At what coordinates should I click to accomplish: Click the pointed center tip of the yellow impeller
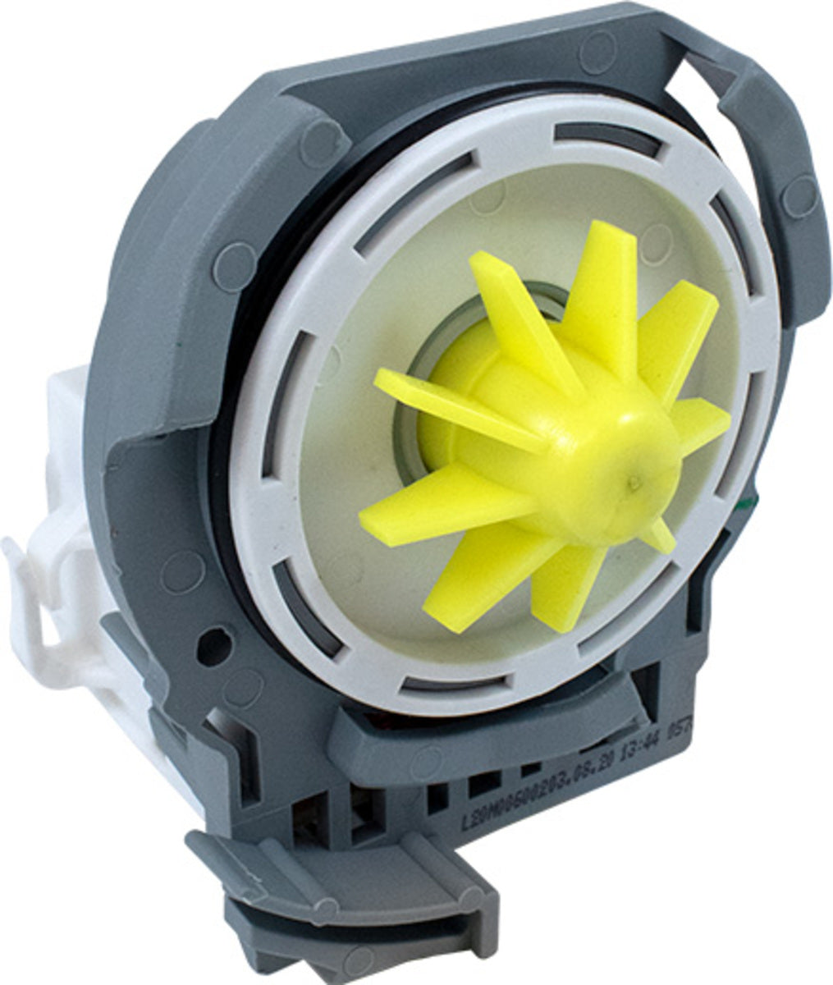[x=631, y=483]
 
